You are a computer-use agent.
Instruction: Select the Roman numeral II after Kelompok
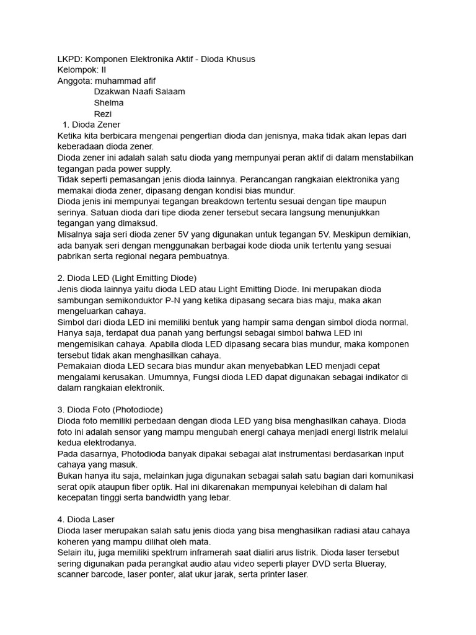click(104, 70)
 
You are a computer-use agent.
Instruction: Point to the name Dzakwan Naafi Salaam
click(139, 92)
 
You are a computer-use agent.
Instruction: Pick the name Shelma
click(108, 103)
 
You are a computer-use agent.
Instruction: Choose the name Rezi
click(103, 114)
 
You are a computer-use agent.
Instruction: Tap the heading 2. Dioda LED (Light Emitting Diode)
click(126, 278)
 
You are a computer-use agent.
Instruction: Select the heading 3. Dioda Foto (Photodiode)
click(110, 409)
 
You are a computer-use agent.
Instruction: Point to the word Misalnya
click(76, 234)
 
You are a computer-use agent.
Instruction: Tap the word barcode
click(110, 574)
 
